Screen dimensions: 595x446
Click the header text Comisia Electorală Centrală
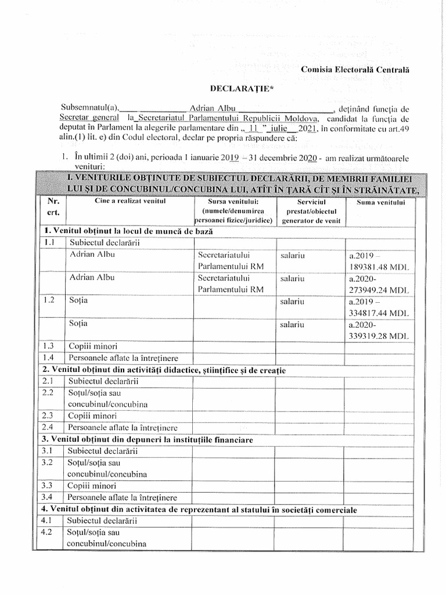[355, 70]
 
